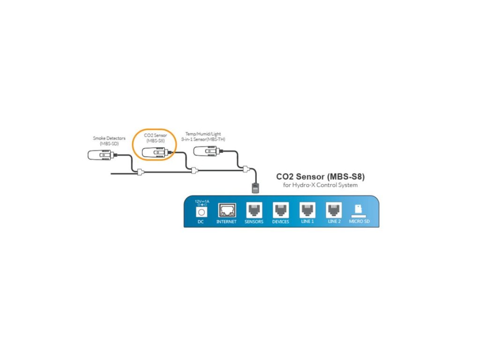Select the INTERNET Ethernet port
click(x=226, y=210)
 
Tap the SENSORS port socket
click(x=254, y=210)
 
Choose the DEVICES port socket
click(x=280, y=210)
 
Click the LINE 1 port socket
click(x=307, y=210)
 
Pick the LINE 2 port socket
click(x=334, y=210)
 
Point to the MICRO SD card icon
click(x=360, y=209)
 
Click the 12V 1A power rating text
click(x=202, y=201)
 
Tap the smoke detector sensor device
click(x=99, y=155)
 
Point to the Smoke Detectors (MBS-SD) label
click(x=105, y=141)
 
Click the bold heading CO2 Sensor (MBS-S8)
click(x=320, y=177)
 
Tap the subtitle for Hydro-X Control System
click(x=320, y=185)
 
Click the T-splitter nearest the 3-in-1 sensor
click(x=246, y=168)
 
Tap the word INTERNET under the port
click(x=226, y=221)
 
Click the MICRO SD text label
click(x=360, y=221)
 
